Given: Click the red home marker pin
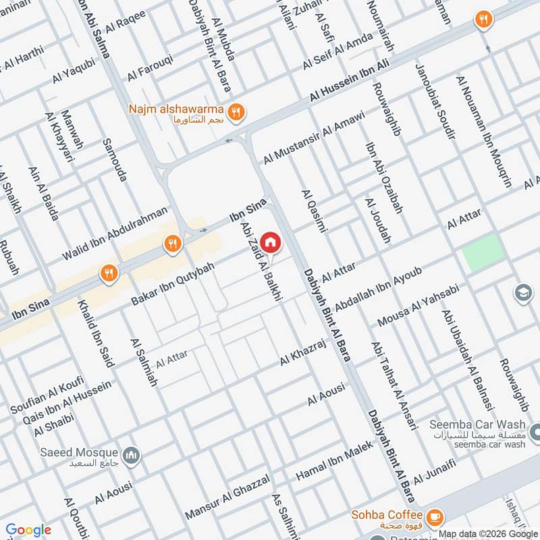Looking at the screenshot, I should coord(270,242).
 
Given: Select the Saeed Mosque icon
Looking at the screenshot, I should coord(131,456).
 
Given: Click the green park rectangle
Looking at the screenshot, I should coord(483,253).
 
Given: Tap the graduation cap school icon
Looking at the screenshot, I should coord(522,293).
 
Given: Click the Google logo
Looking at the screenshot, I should coord(28,530).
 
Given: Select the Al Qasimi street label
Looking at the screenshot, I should coord(315,211).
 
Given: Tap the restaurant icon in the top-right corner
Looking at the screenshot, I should coord(482,20).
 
